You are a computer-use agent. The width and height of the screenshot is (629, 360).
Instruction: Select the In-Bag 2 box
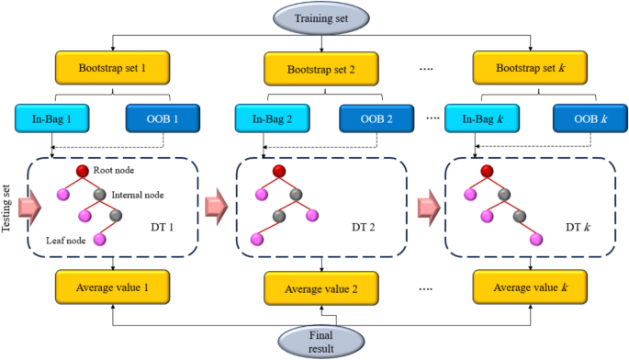pos(269,118)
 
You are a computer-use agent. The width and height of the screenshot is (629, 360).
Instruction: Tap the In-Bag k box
pos(477,118)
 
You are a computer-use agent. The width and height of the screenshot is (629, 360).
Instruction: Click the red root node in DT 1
pos(82,173)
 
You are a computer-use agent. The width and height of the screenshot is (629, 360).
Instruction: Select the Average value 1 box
pos(112,287)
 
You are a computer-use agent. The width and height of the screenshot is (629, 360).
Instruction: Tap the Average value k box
pos(530,287)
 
